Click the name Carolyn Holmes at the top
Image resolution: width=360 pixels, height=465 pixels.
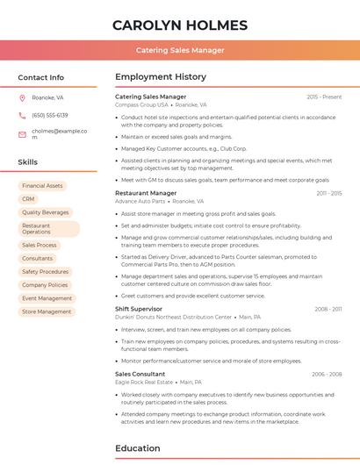pyautogui.click(x=180, y=25)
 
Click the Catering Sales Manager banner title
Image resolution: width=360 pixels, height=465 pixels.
pyautogui.click(x=180, y=50)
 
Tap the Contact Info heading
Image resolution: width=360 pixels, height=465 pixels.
pyautogui.click(x=41, y=77)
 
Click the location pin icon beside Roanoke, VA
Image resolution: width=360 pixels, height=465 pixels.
pyautogui.click(x=22, y=97)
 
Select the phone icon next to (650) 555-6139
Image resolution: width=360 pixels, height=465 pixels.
pyautogui.click(x=22, y=115)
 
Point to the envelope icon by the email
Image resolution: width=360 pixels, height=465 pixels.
pyautogui.click(x=22, y=133)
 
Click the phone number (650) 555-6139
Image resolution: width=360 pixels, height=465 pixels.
pyautogui.click(x=50, y=115)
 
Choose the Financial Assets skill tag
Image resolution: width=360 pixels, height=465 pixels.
pyautogui.click(x=42, y=186)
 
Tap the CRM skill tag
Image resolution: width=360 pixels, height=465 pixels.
pyautogui.click(x=28, y=199)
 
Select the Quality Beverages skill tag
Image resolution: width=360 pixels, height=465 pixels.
pyautogui.click(x=45, y=212)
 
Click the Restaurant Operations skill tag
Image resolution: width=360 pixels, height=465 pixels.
pyautogui.click(x=48, y=228)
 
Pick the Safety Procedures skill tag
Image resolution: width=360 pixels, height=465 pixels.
pyautogui.click(x=45, y=272)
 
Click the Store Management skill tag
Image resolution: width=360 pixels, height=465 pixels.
pyautogui.click(x=47, y=311)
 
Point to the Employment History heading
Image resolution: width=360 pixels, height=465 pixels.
pyautogui.click(x=160, y=77)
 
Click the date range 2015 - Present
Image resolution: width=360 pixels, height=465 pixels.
pyautogui.click(x=324, y=97)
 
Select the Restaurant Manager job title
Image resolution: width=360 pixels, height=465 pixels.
pyautogui.click(x=146, y=193)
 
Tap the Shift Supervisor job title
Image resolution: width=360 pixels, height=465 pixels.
pyautogui.click(x=139, y=309)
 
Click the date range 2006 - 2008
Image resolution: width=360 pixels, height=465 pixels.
pyautogui.click(x=326, y=374)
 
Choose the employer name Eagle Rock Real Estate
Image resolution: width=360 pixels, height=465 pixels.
pyautogui.click(x=144, y=383)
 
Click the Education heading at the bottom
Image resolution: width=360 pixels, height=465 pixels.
pyautogui.click(x=138, y=448)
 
